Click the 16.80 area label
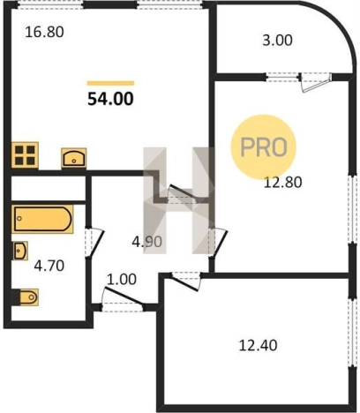pyautogui.click(x=44, y=32)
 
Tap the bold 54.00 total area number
pyautogui.click(x=110, y=99)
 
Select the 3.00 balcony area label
pyautogui.click(x=277, y=41)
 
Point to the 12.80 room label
pyautogui.click(x=282, y=183)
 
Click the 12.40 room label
pyautogui.click(x=258, y=345)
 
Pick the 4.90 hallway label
pyautogui.click(x=146, y=242)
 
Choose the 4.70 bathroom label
pyautogui.click(x=49, y=266)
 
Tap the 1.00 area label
pyautogui.click(x=122, y=280)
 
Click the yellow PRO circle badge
pyautogui.click(x=263, y=146)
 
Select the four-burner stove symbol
pyautogui.click(x=25, y=155)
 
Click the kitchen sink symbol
pyautogui.click(x=74, y=158)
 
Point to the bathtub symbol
pyautogui.click(x=42, y=219)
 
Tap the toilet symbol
pyautogui.click(x=26, y=297)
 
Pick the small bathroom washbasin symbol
pyautogui.click(x=20, y=251)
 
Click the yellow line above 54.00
pyautogui.click(x=110, y=83)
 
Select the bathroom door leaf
pyautogui.click(x=96, y=244)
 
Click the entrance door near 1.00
pyautogui.click(x=124, y=297)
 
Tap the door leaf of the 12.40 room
pyautogui.click(x=184, y=283)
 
